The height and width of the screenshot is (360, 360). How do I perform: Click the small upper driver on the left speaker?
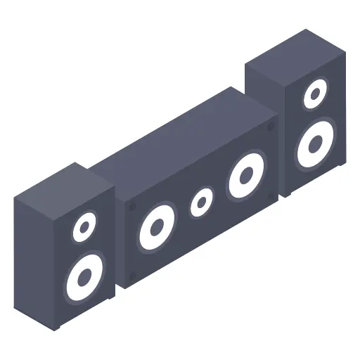click(84, 226)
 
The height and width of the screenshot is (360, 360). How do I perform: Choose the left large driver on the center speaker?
click(156, 227)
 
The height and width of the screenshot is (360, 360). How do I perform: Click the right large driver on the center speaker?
click(245, 175)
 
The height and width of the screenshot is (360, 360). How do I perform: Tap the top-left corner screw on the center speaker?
click(131, 207)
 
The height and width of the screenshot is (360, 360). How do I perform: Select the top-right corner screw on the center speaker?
click(271, 127)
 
